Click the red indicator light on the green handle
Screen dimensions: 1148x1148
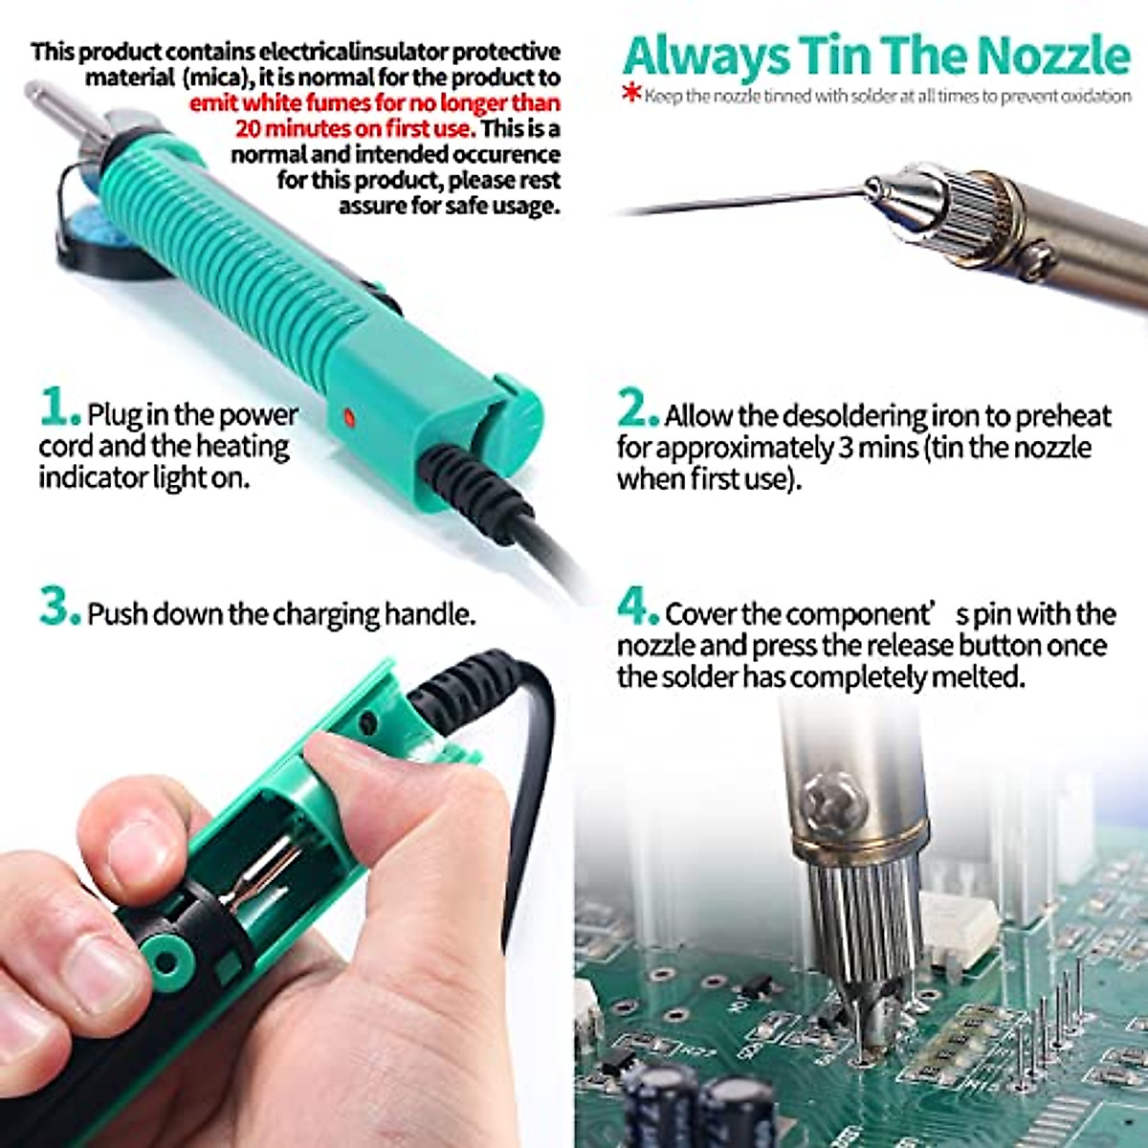click(x=347, y=417)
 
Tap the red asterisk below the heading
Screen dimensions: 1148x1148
click(x=630, y=94)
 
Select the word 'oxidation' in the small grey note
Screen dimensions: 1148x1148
click(x=1094, y=97)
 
